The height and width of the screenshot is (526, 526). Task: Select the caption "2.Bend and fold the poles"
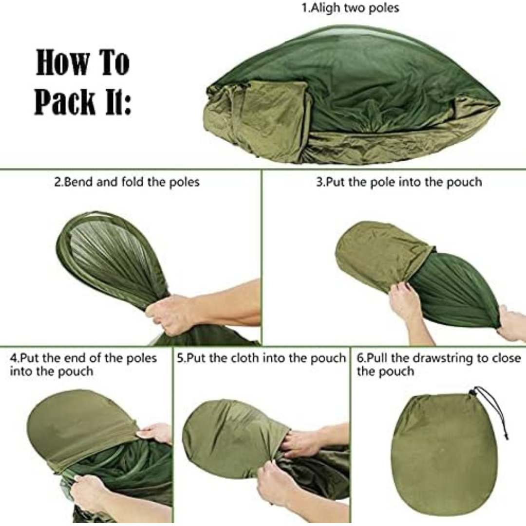click(127, 182)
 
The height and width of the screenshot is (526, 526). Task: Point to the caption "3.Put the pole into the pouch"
click(399, 182)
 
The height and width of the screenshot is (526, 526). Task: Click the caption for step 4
click(83, 365)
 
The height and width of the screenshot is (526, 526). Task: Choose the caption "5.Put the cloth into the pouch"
click(262, 358)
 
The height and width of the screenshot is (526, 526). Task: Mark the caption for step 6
click(439, 365)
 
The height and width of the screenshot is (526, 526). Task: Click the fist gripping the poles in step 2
click(168, 314)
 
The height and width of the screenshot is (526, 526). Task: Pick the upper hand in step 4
click(155, 433)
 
